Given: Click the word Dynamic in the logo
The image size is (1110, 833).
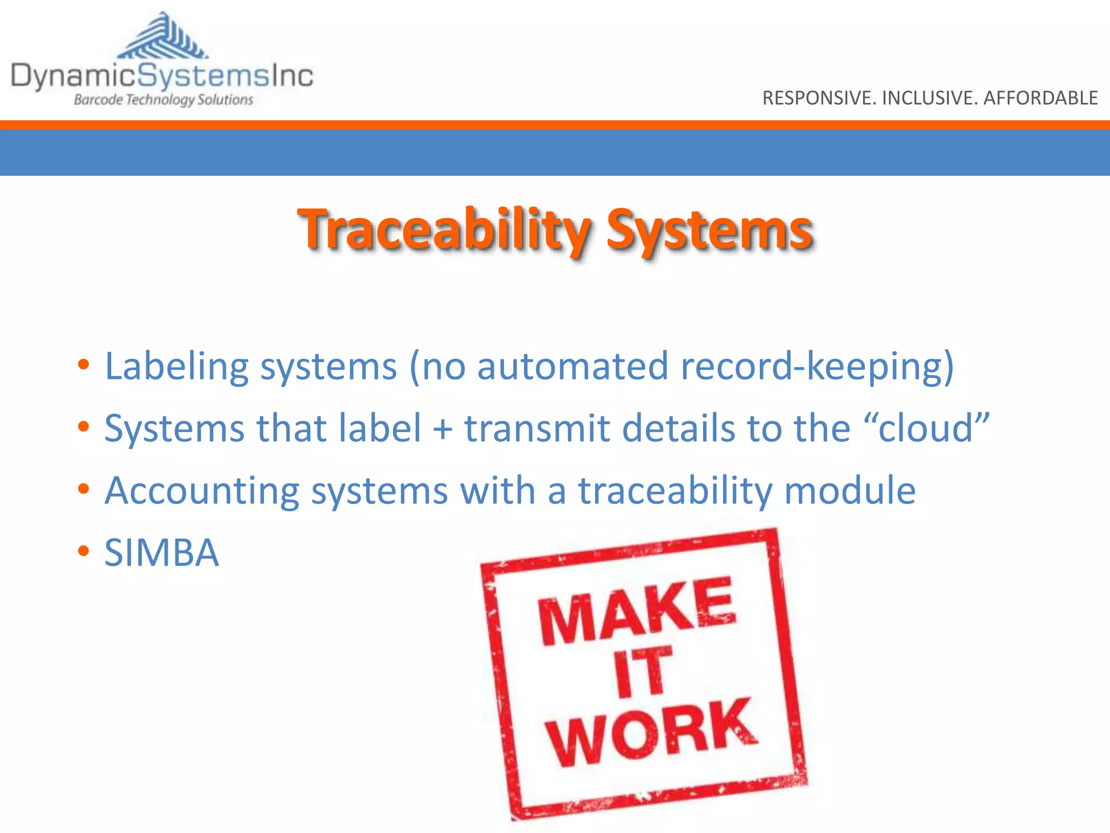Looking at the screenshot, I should tap(73, 76).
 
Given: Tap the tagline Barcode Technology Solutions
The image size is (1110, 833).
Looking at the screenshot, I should tap(163, 100).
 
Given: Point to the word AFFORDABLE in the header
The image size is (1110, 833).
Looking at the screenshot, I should tap(1041, 98).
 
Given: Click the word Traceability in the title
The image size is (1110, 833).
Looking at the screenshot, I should tap(444, 230).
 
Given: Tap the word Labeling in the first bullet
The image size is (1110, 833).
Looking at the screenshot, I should tap(176, 367).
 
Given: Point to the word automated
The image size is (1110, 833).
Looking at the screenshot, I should tap(572, 367).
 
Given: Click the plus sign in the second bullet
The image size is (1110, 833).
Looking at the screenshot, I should tap(443, 428).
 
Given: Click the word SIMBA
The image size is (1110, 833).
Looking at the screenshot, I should tap(162, 553).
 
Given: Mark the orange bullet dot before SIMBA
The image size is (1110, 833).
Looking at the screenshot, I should tap(83, 552).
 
